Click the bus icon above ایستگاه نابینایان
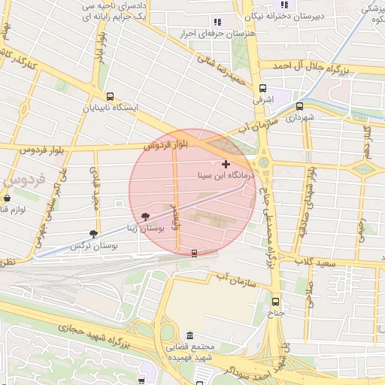click(111, 96)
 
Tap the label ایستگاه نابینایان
click(111, 108)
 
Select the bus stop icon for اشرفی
click(262, 88)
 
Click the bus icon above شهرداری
click(299, 106)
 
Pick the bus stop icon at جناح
click(275, 302)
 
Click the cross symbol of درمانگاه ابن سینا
click(226, 163)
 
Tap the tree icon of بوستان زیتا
click(145, 216)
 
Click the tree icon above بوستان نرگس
click(93, 235)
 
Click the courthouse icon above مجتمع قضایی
click(189, 335)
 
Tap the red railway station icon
click(195, 253)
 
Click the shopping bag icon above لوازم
click(7, 199)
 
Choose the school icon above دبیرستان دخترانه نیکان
click(284, 5)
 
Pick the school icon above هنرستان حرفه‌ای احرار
click(217, 23)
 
